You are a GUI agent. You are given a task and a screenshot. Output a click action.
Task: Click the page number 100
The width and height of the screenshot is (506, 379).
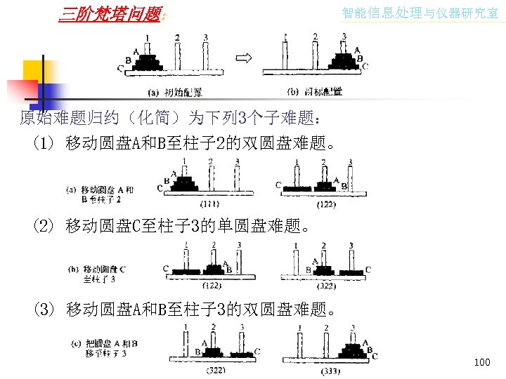[482, 362]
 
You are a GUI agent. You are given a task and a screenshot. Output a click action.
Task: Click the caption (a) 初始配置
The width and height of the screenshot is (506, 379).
[175, 91]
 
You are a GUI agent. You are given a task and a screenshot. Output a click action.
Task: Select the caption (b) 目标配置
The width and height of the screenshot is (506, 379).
[316, 91]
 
